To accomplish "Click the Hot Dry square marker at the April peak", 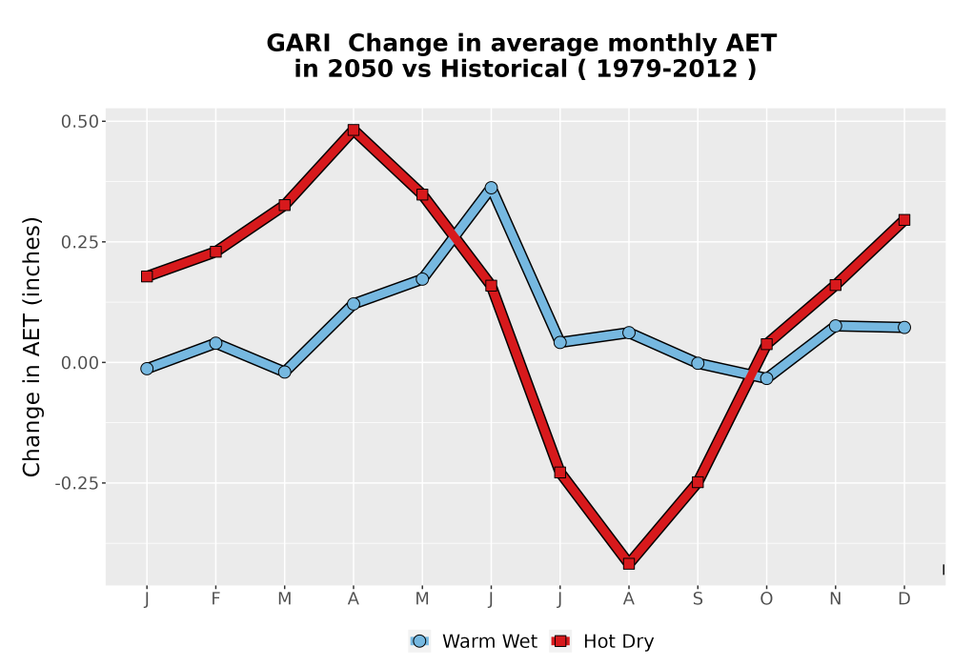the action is [x=354, y=130].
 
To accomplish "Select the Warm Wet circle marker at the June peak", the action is [x=491, y=188].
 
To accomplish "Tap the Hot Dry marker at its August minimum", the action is [x=629, y=564].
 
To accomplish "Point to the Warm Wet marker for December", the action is [x=904, y=328].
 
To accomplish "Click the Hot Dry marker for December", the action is [x=904, y=220].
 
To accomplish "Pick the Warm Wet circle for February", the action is [x=215, y=343].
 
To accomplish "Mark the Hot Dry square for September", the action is [x=698, y=482].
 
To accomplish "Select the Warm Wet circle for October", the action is [x=766, y=378].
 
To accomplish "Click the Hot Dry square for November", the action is [x=836, y=285].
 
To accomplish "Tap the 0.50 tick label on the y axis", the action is [x=80, y=122].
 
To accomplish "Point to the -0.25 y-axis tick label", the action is [x=76, y=483].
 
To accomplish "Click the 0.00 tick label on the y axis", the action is [x=80, y=363].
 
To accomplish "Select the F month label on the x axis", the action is [x=215, y=599].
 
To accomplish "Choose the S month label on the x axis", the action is [x=698, y=599].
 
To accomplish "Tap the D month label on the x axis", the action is [x=904, y=599].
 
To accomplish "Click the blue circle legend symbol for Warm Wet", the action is [x=419, y=641].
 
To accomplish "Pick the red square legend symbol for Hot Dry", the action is [x=560, y=641].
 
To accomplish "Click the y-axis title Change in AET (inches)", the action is [x=31, y=347].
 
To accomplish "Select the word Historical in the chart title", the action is [x=504, y=70].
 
